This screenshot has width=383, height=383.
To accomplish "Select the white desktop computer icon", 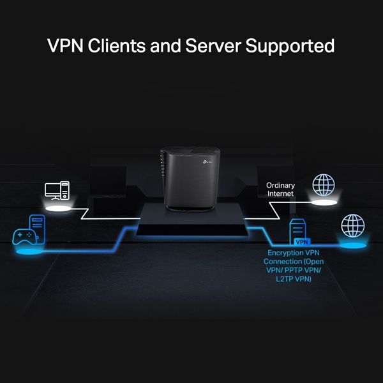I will [57, 191].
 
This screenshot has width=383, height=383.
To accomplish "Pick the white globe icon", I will [323, 185].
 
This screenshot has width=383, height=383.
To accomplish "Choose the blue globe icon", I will [352, 225].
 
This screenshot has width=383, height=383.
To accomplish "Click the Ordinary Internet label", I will [281, 190].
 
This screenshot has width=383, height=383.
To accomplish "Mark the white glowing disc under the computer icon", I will [57, 207].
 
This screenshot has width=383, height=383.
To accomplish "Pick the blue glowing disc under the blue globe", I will [352, 244].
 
